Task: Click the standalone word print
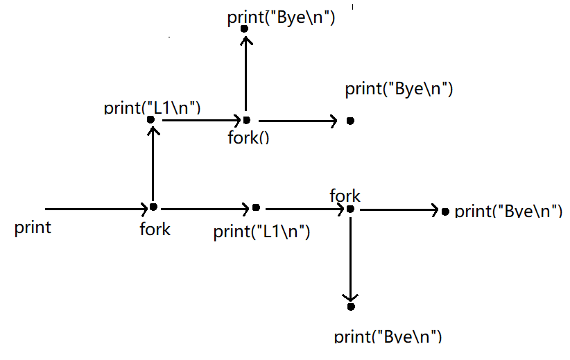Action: [x=33, y=228]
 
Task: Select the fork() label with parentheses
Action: [x=248, y=137]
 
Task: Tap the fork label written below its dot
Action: [x=155, y=229]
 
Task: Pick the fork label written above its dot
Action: [x=345, y=196]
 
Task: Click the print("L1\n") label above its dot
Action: [x=152, y=108]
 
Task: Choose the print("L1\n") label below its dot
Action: [x=261, y=231]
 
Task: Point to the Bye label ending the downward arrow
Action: [x=388, y=337]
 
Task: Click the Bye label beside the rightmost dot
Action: [x=508, y=211]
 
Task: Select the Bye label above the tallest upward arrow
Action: [x=281, y=18]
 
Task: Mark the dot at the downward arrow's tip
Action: [x=351, y=307]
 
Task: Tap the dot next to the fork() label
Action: [x=246, y=120]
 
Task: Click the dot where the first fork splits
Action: [x=153, y=207]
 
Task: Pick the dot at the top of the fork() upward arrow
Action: [x=244, y=29]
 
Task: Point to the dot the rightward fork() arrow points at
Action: [x=350, y=121]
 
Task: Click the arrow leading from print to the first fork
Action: [x=97, y=208]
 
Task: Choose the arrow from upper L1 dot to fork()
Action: [x=198, y=120]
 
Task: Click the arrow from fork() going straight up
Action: [x=245, y=76]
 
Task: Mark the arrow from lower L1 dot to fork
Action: [x=305, y=208]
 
